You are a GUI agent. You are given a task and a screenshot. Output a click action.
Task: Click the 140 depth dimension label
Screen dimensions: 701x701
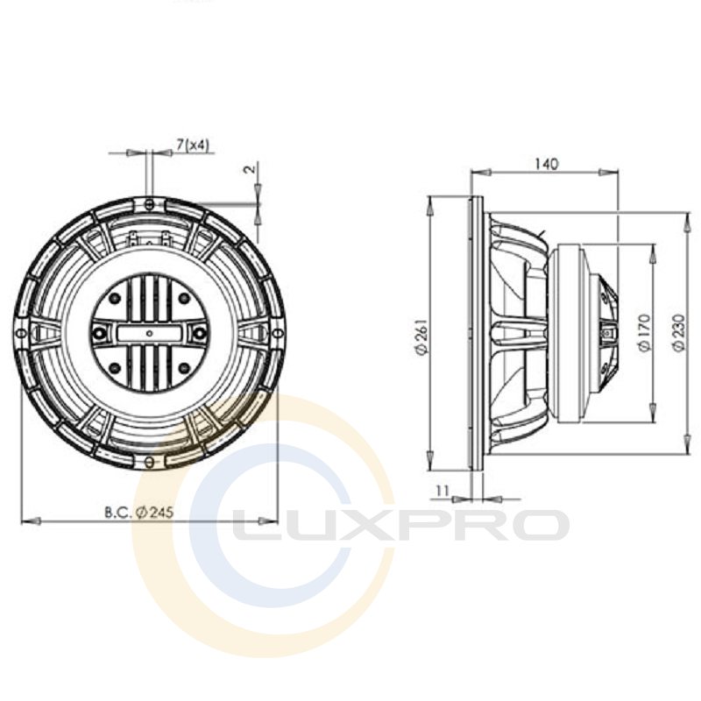click(x=546, y=164)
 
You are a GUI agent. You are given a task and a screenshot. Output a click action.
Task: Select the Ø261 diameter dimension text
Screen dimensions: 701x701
click(x=422, y=336)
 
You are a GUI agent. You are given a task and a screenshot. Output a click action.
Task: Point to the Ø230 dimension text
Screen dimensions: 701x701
click(x=678, y=333)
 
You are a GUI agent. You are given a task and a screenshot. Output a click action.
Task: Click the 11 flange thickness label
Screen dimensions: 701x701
click(x=443, y=491)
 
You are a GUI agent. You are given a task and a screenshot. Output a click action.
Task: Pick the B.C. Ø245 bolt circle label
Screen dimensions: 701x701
click(x=139, y=512)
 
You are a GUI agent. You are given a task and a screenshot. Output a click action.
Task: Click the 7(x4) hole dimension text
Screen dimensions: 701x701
click(x=192, y=145)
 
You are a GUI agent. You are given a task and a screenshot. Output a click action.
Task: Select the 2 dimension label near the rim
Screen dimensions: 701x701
click(x=251, y=168)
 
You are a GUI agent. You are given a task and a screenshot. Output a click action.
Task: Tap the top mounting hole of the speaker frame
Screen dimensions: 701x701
click(x=150, y=203)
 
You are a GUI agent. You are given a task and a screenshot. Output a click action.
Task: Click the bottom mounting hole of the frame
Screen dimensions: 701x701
click(x=150, y=460)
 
